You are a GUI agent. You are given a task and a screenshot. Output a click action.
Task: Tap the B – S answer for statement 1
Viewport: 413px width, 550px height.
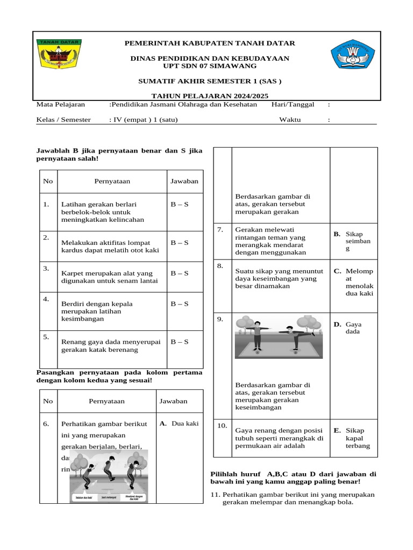pyautogui.click(x=179, y=204)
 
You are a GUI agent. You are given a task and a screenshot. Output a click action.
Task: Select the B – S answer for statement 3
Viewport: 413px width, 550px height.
pyautogui.click(x=179, y=273)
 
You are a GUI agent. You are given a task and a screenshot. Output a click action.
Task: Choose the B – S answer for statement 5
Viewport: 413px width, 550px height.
pyautogui.click(x=179, y=342)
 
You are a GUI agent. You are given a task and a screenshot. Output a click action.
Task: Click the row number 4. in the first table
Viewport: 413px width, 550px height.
pyautogui.click(x=46, y=299)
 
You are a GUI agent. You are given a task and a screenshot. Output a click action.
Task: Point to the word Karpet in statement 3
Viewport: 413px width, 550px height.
pyautogui.click(x=73, y=273)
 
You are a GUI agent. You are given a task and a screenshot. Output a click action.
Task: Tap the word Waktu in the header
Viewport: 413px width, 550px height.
pyautogui.click(x=290, y=120)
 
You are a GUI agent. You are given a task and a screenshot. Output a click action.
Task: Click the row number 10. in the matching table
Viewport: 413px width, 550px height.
pyautogui.click(x=222, y=426)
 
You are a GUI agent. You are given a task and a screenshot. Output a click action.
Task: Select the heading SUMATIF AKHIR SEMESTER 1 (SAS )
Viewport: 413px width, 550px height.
pyautogui.click(x=210, y=81)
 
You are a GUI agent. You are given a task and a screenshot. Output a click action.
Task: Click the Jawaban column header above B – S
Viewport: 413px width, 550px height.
pyautogui.click(x=184, y=181)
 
